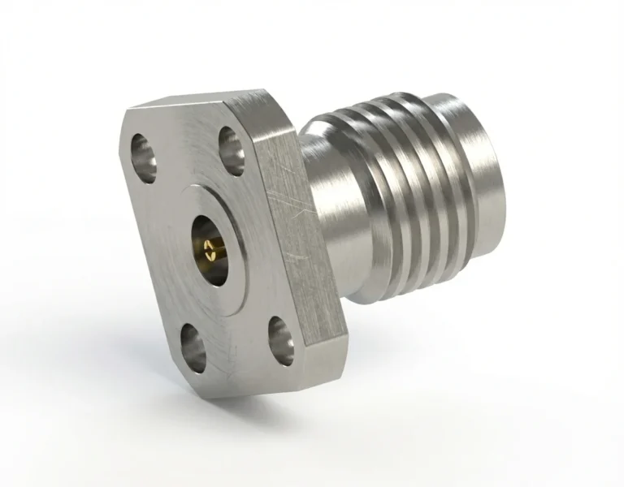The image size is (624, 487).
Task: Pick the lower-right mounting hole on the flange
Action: pos(281,337)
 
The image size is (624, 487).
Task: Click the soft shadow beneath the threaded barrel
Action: pos(455,341)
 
